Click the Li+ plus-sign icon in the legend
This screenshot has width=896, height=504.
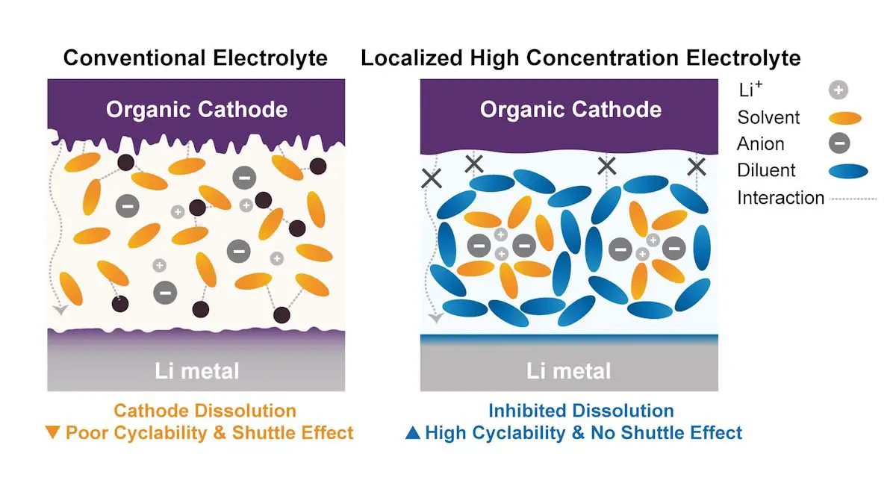[839, 90]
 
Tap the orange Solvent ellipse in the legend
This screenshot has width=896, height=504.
[844, 118]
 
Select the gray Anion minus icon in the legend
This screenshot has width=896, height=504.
[839, 143]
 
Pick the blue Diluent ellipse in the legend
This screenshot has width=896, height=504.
[848, 171]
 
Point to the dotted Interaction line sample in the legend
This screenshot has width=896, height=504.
[853, 199]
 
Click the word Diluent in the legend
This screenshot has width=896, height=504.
[766, 170]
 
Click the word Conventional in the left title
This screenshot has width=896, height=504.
[134, 57]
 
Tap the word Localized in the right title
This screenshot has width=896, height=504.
[411, 57]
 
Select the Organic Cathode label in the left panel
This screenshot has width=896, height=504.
[197, 109]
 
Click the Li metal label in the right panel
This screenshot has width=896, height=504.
[568, 371]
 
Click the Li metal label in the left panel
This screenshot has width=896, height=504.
[197, 371]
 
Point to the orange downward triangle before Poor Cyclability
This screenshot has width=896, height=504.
[52, 432]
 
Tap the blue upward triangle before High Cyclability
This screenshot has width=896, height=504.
[413, 432]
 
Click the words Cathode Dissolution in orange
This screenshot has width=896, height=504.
[205, 411]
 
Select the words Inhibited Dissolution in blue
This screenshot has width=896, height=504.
[581, 411]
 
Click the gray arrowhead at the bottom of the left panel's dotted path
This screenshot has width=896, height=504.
[60, 310]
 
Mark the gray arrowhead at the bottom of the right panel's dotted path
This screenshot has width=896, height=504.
[435, 318]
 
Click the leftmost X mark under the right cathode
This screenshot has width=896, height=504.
[432, 178]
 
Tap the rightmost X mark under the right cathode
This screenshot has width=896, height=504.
[697, 167]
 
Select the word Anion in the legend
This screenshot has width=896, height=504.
[760, 143]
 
